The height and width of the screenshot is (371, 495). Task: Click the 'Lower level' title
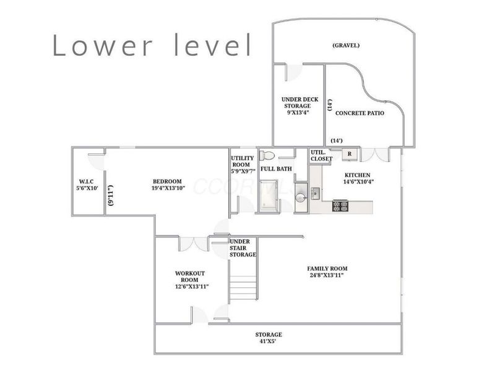click(152, 45)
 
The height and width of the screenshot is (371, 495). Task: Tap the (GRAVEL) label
click(346, 45)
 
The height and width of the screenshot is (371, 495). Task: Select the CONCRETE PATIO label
click(359, 113)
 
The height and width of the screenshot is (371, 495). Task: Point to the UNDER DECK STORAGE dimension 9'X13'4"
click(297, 113)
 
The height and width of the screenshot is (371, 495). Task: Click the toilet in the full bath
click(267, 155)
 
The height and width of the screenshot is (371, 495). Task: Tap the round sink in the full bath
click(300, 197)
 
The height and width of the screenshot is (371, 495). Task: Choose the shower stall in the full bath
click(269, 195)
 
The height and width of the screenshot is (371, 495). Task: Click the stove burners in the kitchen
click(340, 206)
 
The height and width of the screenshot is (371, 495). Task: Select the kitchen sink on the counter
click(315, 194)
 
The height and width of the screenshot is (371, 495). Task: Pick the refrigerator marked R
click(350, 154)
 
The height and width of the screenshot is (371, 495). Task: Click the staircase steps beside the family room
click(243, 288)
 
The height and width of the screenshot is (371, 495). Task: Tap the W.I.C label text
click(86, 181)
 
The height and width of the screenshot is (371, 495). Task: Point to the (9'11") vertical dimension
click(111, 195)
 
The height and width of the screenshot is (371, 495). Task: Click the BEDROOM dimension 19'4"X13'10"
click(168, 188)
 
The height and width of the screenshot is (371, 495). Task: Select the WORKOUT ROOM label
click(190, 276)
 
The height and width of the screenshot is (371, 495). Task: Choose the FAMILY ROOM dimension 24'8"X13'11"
click(327, 275)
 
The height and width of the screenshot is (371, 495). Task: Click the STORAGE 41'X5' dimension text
click(269, 341)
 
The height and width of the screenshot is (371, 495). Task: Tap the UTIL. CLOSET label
click(321, 155)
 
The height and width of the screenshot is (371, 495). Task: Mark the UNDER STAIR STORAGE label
click(243, 248)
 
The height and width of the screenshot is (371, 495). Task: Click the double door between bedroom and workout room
click(194, 244)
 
